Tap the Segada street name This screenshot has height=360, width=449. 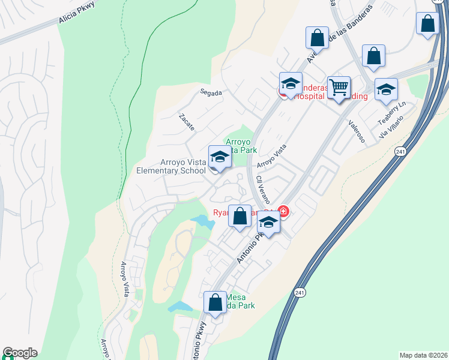tap(211, 93)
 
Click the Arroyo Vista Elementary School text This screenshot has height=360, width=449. tap(182, 166)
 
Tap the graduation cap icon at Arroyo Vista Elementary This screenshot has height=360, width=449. tap(220, 158)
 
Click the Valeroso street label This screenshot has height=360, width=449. tap(357, 130)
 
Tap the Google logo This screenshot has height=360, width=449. tap(20, 353)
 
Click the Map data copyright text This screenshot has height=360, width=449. tap(423, 355)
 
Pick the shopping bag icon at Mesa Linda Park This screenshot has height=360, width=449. tap(215, 303)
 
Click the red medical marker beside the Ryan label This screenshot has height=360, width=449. tap(283, 212)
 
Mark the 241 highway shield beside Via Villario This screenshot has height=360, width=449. tap(400, 152)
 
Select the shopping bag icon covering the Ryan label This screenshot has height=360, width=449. tap(240, 217)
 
